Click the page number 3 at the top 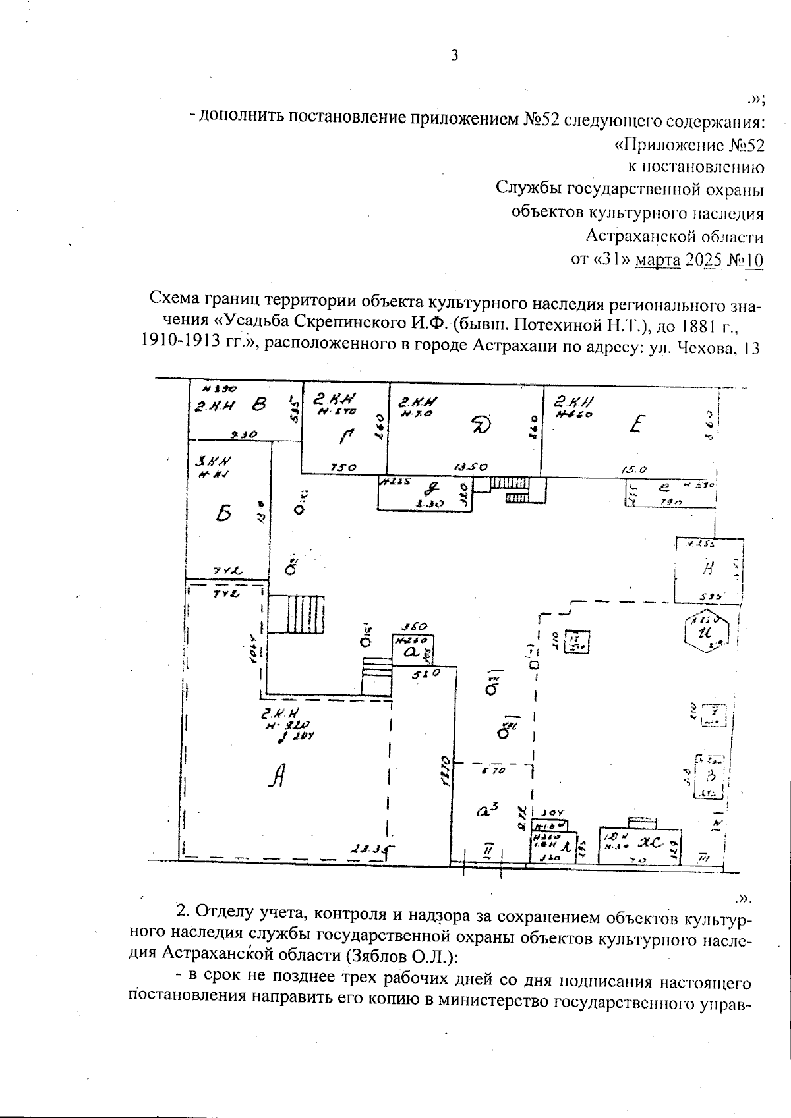click(454, 55)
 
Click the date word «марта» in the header click(658, 260)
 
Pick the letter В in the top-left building click(259, 406)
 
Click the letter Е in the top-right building click(635, 422)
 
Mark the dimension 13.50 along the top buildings click(471, 467)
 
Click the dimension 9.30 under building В click(245, 434)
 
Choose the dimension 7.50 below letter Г click(343, 467)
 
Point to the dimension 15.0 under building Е click(634, 470)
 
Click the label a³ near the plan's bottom click(486, 810)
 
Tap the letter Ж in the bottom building click(648, 841)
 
